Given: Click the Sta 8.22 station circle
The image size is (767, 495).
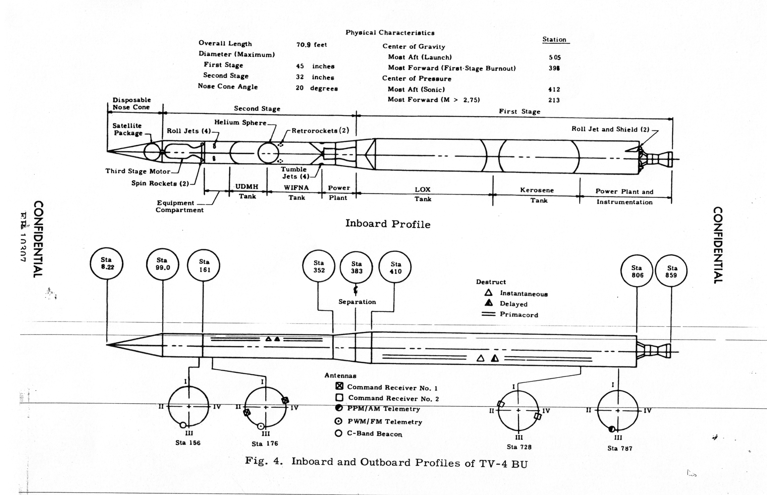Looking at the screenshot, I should (x=107, y=264).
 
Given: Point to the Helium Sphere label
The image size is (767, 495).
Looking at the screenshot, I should (x=240, y=122).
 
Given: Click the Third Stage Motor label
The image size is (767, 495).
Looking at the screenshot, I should (x=138, y=171).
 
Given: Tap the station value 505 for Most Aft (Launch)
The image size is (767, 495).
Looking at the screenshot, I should (x=555, y=57).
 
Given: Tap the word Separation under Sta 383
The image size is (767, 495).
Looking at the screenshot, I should (x=357, y=302).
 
